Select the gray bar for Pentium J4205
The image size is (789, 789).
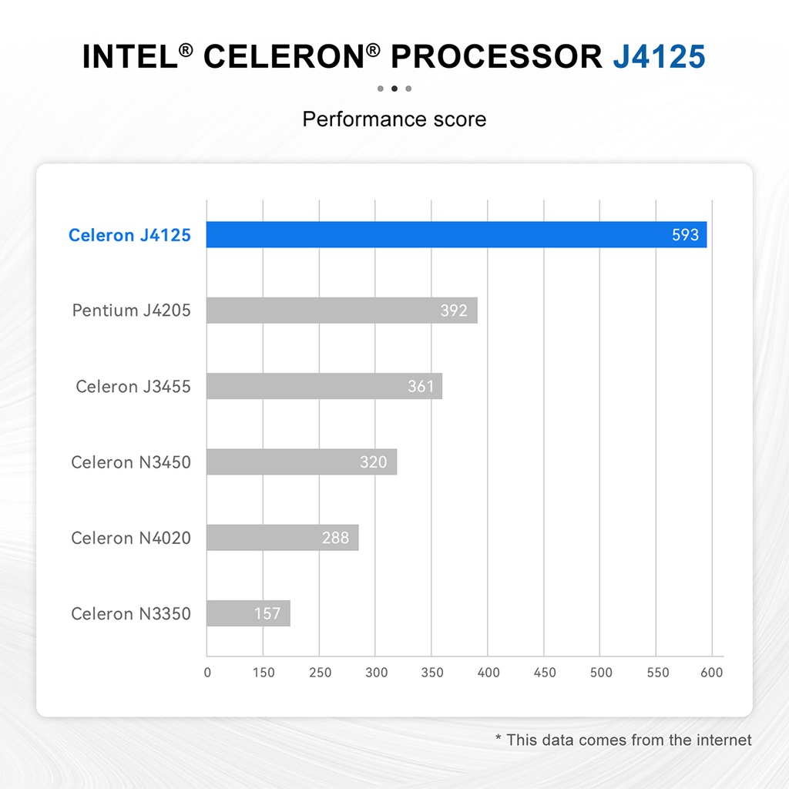342,311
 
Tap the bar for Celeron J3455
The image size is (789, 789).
324,386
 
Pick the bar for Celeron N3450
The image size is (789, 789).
302,462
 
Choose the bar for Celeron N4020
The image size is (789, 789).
283,538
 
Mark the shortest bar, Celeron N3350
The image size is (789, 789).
248,613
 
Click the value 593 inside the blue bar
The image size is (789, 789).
685,235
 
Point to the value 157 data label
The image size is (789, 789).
268,614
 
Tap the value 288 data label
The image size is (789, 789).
335,538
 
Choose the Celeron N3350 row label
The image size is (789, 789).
131,614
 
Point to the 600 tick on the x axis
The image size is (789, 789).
712,673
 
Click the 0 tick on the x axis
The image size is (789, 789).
207,673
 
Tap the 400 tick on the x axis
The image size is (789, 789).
489,673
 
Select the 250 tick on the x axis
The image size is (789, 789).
320,673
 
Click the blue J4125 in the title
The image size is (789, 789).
659,58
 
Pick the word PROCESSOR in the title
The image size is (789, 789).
497,58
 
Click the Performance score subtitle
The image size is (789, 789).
394,119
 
